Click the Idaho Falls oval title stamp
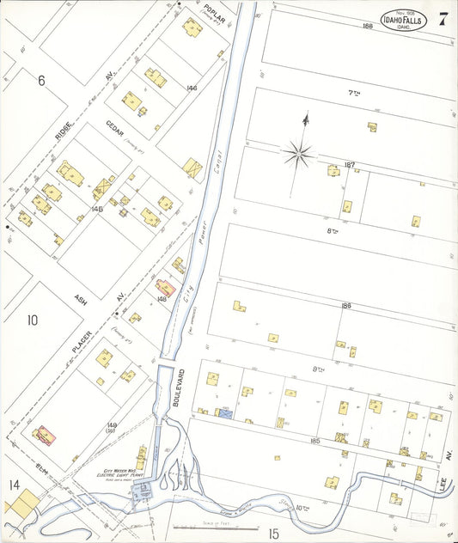click(x=402, y=21)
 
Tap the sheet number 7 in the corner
click(x=442, y=21)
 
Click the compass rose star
click(x=298, y=155)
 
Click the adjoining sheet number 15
click(x=273, y=533)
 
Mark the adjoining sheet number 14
click(x=14, y=485)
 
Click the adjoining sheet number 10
click(x=32, y=320)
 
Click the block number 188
click(x=368, y=27)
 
